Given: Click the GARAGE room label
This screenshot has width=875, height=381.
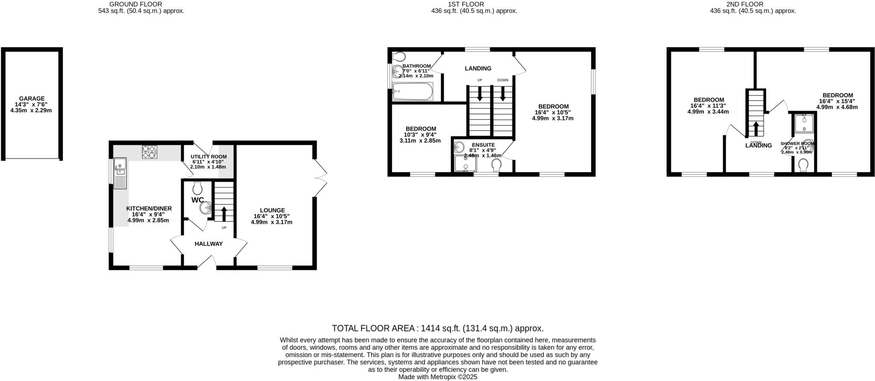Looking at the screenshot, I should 32,98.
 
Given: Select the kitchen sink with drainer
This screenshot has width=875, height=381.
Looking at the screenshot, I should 120,173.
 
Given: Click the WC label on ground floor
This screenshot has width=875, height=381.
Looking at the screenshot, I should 197,200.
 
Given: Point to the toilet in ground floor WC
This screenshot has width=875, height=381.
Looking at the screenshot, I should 197,188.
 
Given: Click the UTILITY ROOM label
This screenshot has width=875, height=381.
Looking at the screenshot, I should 208,157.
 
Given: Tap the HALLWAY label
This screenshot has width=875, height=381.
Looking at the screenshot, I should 208,244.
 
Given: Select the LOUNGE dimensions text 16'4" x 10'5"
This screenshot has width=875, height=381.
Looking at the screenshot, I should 272,216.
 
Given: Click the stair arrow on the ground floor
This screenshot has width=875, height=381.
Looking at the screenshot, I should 224,212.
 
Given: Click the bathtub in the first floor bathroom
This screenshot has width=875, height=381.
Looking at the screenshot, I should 412,91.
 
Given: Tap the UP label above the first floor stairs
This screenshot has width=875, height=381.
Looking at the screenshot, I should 480,80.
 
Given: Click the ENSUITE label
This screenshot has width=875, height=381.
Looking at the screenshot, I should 483,145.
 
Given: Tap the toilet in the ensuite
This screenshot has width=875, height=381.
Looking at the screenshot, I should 496,165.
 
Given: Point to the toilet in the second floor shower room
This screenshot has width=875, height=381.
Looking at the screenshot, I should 803,164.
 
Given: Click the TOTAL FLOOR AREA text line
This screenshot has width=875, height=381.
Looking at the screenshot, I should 437,328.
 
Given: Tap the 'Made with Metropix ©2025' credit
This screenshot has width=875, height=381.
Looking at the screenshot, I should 437,377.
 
